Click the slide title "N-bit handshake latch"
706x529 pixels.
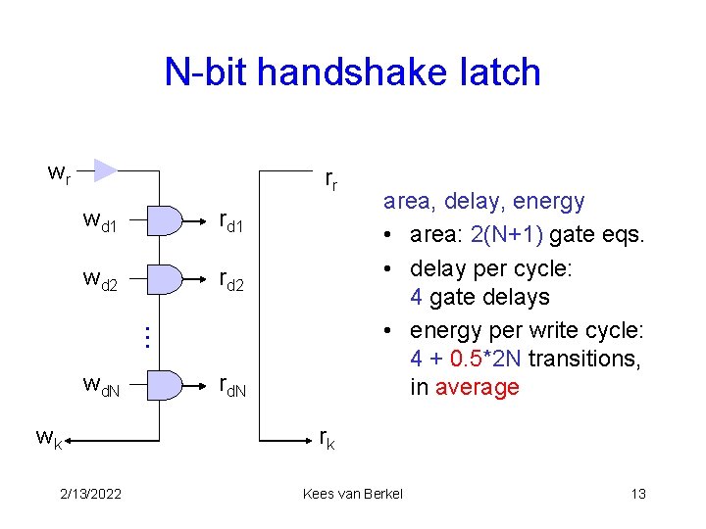pos(352,72)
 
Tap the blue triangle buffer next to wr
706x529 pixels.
pos(104,169)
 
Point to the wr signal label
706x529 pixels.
pos(59,174)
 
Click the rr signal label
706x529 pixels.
pos(331,179)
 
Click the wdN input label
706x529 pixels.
pos(102,388)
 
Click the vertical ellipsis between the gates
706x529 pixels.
pos(144,337)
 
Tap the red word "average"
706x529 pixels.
pos(478,387)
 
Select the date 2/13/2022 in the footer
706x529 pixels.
pos(90,494)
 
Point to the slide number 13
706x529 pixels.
pos(638,494)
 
